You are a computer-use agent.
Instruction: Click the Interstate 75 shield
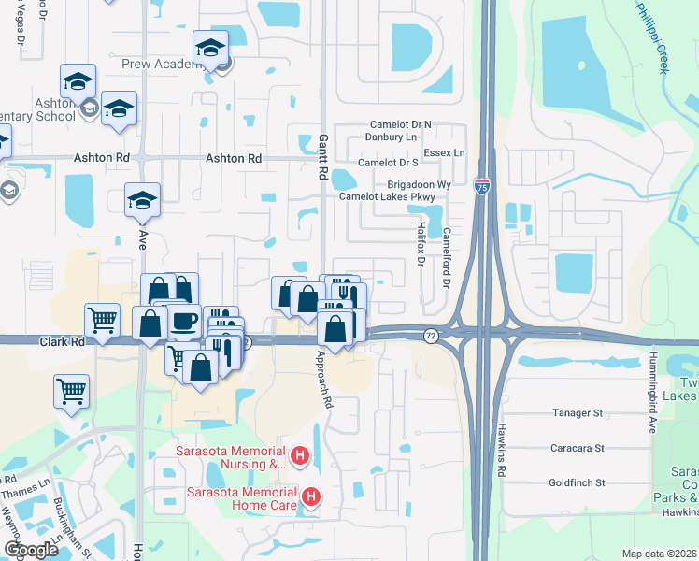tap(482, 186)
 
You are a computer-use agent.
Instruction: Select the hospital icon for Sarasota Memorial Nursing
tap(300, 456)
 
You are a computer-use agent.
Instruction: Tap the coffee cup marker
tap(183, 321)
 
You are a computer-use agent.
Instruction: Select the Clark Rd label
tap(63, 342)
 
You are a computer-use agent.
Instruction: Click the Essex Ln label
tap(445, 152)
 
